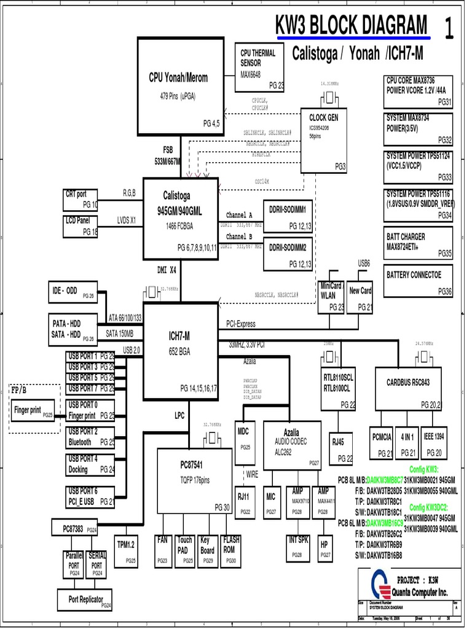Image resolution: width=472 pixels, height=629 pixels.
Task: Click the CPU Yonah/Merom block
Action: pyautogui.click(x=180, y=86)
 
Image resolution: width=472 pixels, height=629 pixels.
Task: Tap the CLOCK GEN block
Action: pyautogui.click(x=324, y=141)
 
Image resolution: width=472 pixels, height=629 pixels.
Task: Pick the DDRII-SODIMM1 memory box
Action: pyautogui.click(x=288, y=217)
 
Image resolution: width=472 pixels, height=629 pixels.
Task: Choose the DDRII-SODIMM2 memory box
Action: pyautogui.click(x=288, y=254)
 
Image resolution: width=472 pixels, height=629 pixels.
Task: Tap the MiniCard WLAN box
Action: pyautogui.click(x=332, y=297)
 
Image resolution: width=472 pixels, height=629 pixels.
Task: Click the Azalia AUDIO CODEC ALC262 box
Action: pyautogui.click(x=292, y=443)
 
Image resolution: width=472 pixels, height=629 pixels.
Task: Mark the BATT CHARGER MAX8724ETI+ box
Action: pyautogui.click(x=419, y=244)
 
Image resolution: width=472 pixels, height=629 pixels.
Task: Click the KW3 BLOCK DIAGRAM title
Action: pyautogui.click(x=351, y=26)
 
